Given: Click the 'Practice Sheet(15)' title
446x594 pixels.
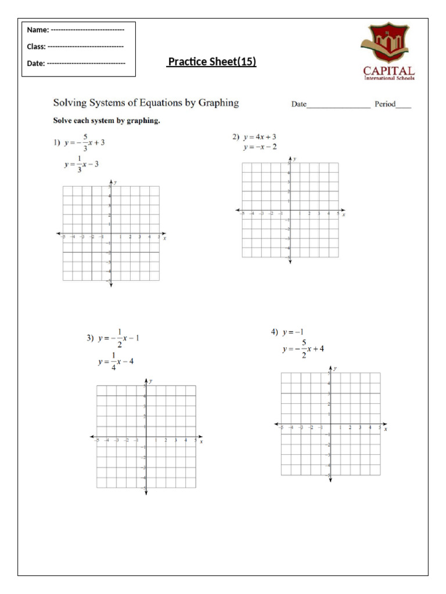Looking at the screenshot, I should pos(211,62).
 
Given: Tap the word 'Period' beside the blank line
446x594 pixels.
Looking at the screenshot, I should pos(385,104).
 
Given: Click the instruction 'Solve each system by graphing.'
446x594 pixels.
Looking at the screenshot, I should pos(106,121).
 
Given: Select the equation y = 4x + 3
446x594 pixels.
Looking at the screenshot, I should pos(260,137).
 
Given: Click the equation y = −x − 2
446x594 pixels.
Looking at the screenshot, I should pos(260,147).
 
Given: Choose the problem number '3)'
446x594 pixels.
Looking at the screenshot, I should pos(90,338).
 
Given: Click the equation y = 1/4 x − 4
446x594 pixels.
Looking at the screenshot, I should pos(116,361).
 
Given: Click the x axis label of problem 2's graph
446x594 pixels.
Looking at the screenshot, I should pos(344,215).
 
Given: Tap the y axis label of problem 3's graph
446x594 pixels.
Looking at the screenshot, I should pos(151,381).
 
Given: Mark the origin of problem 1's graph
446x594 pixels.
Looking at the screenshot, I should pos(110,234).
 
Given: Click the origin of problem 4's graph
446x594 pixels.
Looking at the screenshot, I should pos(330,424).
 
